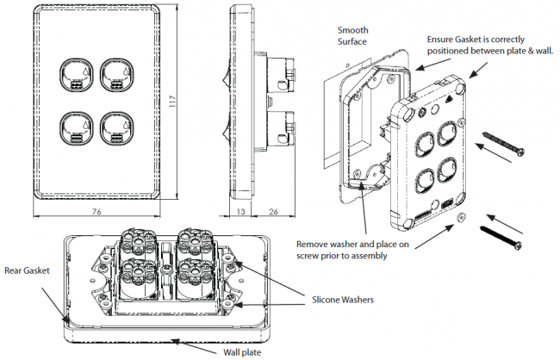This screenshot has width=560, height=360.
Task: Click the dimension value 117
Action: click(x=172, y=102)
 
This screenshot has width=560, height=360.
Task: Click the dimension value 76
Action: click(x=96, y=211)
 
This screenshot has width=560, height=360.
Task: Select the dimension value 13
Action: click(x=241, y=211)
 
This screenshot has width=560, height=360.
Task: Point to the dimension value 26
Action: click(x=273, y=211)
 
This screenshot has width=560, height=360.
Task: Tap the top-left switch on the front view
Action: click(x=77, y=75)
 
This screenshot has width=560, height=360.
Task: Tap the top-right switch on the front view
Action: click(x=117, y=75)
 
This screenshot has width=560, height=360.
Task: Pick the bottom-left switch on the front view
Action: click(x=77, y=128)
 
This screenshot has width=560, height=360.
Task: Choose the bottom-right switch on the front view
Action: click(x=117, y=128)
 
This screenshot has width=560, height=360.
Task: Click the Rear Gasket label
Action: click(x=28, y=270)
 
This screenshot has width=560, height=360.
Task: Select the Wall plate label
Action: click(x=242, y=352)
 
